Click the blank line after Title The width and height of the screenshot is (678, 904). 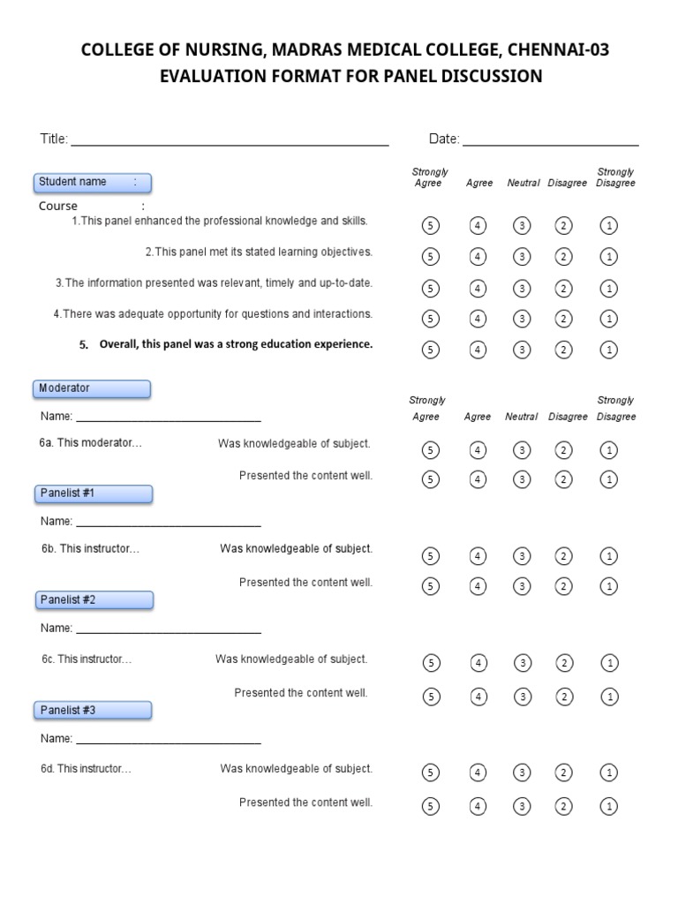click(x=230, y=143)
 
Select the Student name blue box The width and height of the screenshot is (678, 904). click(x=93, y=183)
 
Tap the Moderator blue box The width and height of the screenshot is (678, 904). click(x=93, y=388)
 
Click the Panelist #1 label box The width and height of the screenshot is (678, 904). click(x=95, y=493)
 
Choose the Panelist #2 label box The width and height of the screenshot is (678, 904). click(x=95, y=600)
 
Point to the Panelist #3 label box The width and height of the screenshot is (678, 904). click(x=95, y=710)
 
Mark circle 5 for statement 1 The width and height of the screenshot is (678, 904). click(x=431, y=225)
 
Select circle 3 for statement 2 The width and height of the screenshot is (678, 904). click(x=523, y=257)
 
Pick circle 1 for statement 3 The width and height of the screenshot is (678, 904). click(x=608, y=288)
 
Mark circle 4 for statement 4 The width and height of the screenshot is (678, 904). click(x=478, y=318)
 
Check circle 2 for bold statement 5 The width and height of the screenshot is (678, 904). click(x=563, y=350)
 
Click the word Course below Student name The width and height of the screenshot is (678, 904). click(x=58, y=207)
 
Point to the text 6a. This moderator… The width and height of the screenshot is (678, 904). click(x=91, y=443)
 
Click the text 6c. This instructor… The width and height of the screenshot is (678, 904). click(x=87, y=659)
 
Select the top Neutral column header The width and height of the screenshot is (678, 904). click(x=524, y=184)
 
